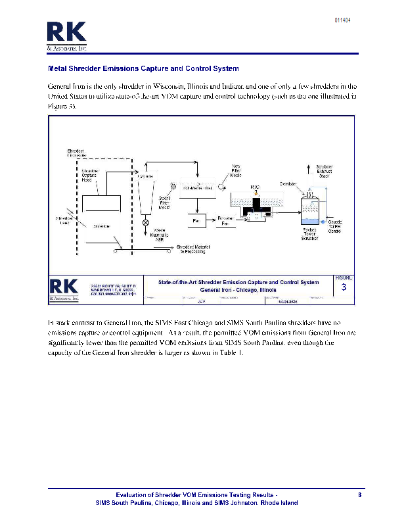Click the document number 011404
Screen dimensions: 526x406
pyautogui.click(x=342, y=20)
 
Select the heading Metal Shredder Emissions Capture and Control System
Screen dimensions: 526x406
pyautogui.click(x=143, y=68)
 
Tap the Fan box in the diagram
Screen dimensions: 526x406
pyautogui.click(x=196, y=221)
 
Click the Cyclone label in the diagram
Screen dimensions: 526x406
pyautogui.click(x=145, y=176)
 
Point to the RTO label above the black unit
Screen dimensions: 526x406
pyautogui.click(x=255, y=187)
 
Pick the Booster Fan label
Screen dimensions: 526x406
pyautogui.click(x=225, y=221)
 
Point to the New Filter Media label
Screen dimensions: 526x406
pyautogui.click(x=236, y=171)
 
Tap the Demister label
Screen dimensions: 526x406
pyautogui.click(x=290, y=183)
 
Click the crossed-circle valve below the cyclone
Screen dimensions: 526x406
pyautogui.click(x=145, y=223)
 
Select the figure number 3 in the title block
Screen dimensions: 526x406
pyautogui.click(x=344, y=287)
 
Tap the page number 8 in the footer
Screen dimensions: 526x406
pyautogui.click(x=359, y=494)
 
